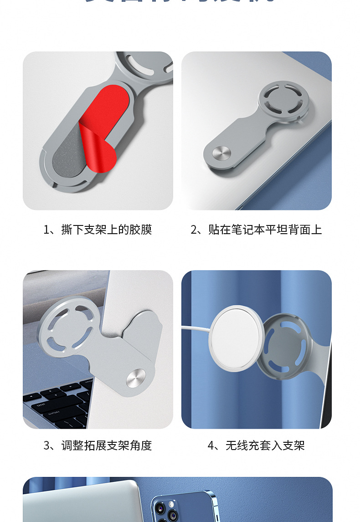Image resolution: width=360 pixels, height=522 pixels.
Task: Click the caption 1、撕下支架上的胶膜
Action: click(98, 230)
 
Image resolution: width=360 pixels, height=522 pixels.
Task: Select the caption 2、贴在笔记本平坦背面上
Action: click(256, 230)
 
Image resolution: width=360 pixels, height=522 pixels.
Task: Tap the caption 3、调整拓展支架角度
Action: click(98, 445)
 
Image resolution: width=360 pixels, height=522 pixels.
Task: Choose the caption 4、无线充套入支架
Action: click(256, 445)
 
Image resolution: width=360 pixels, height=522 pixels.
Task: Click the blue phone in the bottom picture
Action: click(182, 506)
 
